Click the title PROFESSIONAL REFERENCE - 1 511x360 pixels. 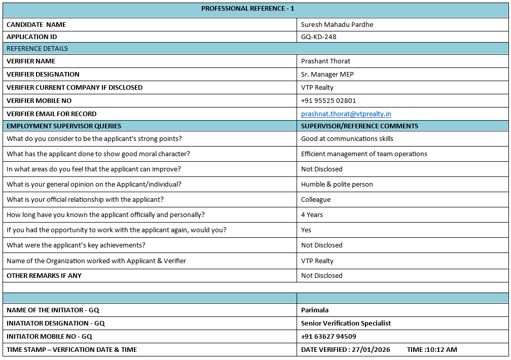click(247, 9)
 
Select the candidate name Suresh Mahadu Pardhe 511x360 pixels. click(337, 25)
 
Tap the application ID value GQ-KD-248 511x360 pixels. click(318, 37)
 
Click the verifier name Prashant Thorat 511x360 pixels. click(325, 61)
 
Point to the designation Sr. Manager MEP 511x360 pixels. click(327, 75)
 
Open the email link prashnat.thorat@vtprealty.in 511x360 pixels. click(346, 114)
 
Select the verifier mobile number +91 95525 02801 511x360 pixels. click(328, 101)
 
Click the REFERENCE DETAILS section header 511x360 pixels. click(37, 49)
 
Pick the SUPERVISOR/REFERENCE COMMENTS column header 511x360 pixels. click(359, 126)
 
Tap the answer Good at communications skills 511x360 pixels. click(347, 139)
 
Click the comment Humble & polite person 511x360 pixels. click(337, 185)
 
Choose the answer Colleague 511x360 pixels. click(315, 200)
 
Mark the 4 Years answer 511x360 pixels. click(312, 215)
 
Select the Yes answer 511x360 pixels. click(306, 230)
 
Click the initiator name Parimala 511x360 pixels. click(315, 310)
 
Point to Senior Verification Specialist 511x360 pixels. click(346, 323)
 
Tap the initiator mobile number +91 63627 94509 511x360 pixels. click(328, 337)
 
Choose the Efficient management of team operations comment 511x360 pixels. click(364, 154)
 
